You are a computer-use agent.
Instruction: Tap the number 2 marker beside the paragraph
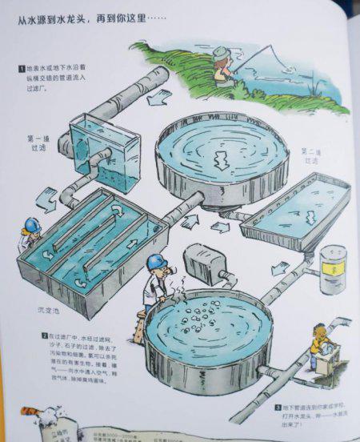(44, 336)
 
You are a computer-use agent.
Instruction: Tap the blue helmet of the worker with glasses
(155, 262)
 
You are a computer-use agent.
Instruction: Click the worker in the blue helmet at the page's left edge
(30, 232)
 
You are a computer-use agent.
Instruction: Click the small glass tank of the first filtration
(104, 149)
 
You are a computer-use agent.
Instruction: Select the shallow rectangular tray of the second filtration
(296, 207)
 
